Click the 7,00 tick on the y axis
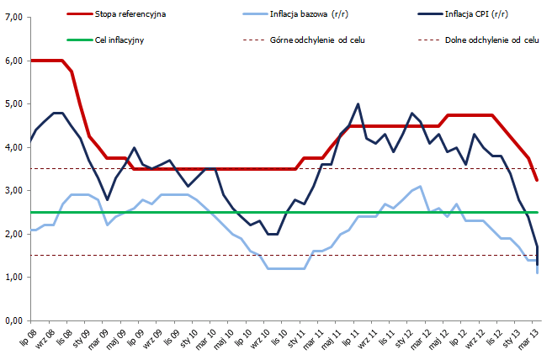(13, 18)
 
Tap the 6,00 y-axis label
(13, 61)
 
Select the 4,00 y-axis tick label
(13, 147)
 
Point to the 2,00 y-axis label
(13, 234)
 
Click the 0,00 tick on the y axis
(13, 320)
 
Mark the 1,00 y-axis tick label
(13, 278)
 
